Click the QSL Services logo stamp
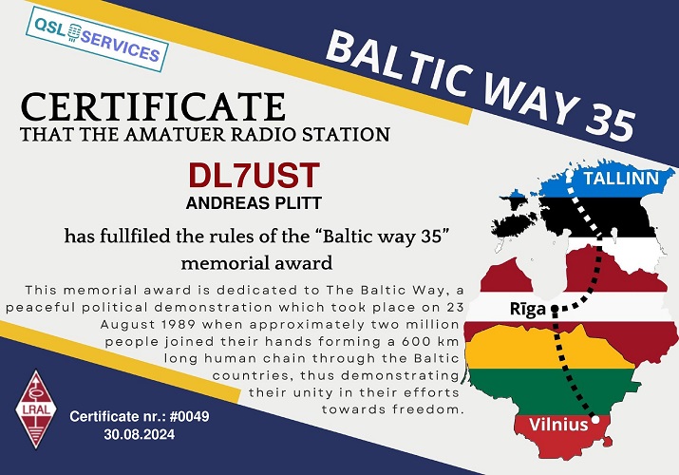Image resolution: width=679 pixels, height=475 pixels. (x=97, y=39)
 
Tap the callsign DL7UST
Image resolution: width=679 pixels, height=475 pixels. (x=255, y=176)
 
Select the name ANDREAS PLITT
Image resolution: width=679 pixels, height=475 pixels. (x=254, y=203)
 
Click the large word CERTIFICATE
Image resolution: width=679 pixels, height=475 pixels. (x=153, y=106)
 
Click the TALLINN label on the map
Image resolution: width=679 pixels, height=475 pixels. (x=621, y=179)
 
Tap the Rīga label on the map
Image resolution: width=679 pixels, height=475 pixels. (x=527, y=309)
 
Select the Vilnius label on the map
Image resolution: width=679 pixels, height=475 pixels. (x=558, y=425)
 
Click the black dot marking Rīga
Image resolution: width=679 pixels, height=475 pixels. (x=555, y=309)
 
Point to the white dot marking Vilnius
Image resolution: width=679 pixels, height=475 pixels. (x=595, y=419)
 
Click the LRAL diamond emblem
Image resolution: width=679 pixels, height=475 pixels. (x=36, y=408)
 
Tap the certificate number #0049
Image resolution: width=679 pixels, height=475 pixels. (x=190, y=416)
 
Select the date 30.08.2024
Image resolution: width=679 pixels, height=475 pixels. (x=140, y=434)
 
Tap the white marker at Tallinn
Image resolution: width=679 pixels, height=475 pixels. (x=569, y=176)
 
